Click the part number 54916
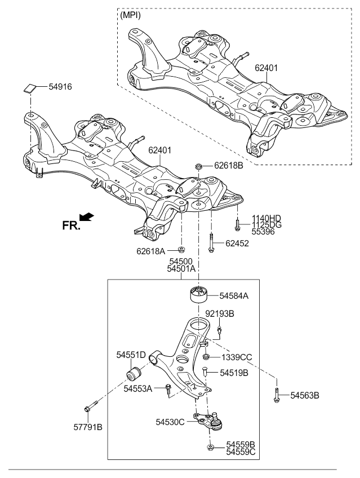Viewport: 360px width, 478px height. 60,87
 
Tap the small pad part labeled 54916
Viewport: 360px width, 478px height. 30,88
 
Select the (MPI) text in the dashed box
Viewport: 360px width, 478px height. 130,15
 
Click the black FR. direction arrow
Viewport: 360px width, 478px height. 87,216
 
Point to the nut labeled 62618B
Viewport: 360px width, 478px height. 198,166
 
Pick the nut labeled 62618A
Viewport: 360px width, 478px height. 181,250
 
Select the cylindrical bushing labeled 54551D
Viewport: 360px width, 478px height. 134,373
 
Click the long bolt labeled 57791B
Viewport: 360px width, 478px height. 90,406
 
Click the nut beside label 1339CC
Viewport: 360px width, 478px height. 206,357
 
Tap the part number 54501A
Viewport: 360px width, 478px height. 181,269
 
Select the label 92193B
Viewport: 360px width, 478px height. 220,313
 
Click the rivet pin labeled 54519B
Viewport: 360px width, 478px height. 205,371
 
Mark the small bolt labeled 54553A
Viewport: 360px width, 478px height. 168,390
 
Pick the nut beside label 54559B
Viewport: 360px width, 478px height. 210,447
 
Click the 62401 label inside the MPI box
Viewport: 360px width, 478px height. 266,68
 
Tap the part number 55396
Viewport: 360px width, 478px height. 263,232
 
